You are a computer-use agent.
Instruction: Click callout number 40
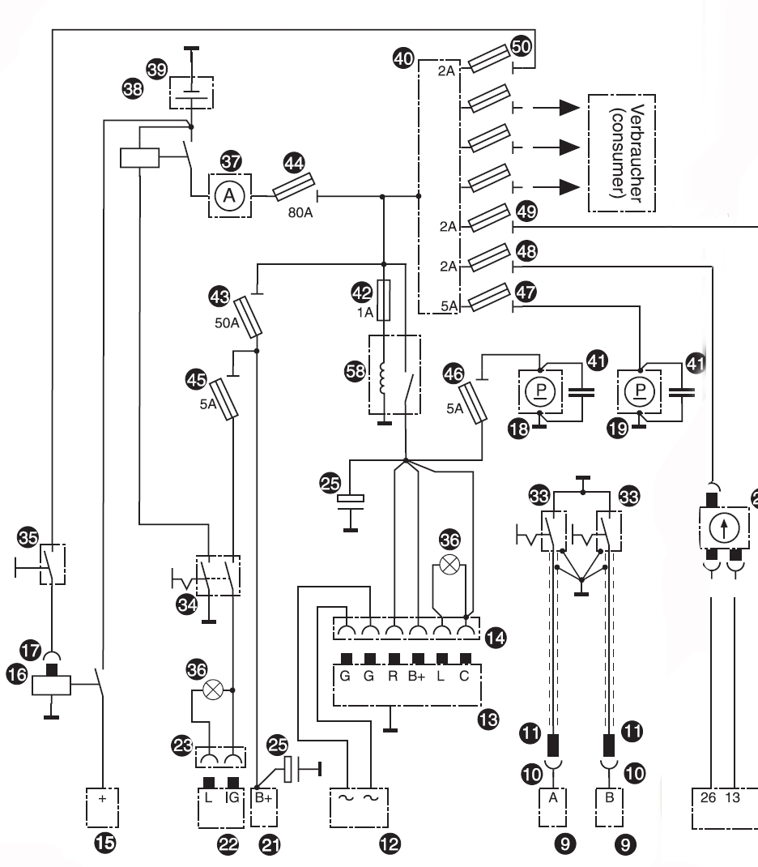pyautogui.click(x=402, y=58)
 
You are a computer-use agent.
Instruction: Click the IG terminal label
pyautogui.click(x=234, y=798)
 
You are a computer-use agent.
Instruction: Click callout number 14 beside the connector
pyautogui.click(x=495, y=639)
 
